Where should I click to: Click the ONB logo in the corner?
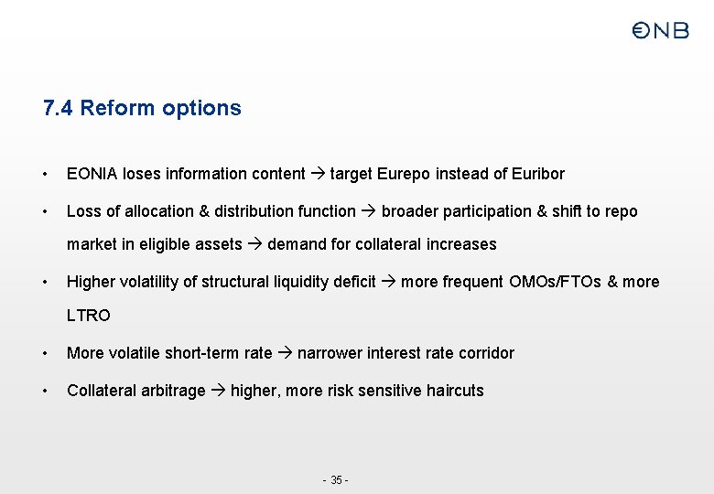[660, 31]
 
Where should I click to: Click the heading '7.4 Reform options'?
[142, 108]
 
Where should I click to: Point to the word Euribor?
[538, 174]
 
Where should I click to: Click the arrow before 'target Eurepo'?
[318, 174]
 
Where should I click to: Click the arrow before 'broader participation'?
[369, 211]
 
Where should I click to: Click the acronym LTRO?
[89, 316]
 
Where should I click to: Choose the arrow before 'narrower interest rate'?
[285, 353]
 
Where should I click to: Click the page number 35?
[336, 480]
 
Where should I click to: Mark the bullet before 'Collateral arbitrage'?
[46, 391]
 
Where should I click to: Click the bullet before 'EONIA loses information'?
[46, 174]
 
